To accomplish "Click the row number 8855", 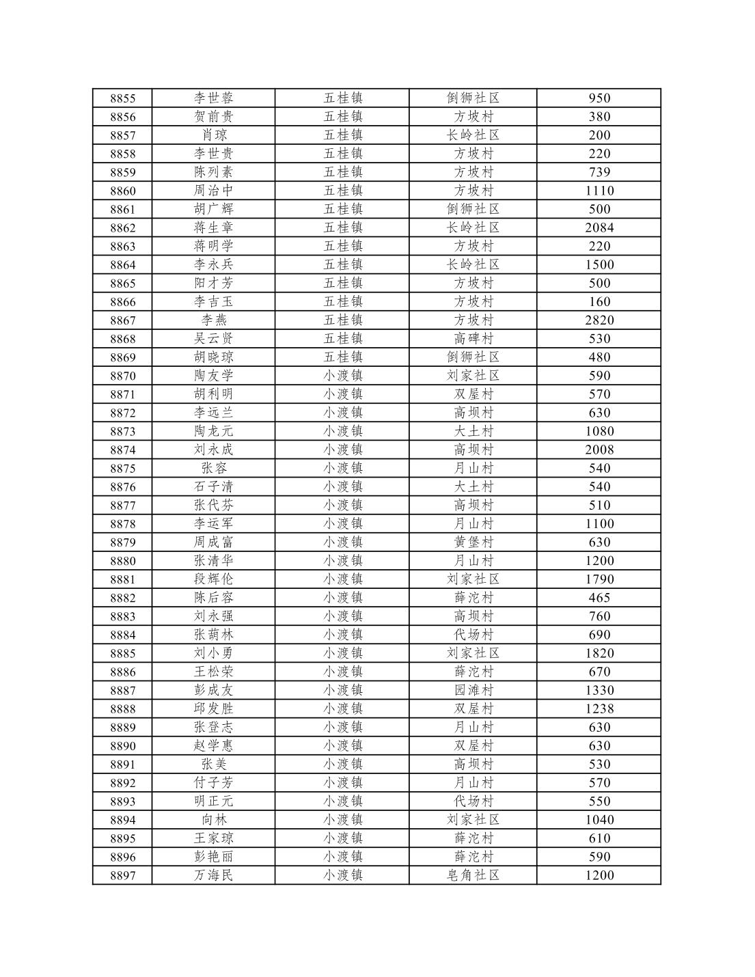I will pos(122,98).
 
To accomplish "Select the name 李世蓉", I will pos(213,98).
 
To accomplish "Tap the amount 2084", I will pos(599,228).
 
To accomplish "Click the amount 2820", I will pos(599,320).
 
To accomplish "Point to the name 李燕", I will pos(213,320).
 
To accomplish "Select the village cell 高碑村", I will pos(473,338).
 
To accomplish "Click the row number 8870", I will pos(122,376).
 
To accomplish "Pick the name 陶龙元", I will pos(213,431).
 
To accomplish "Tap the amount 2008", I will pos(599,450).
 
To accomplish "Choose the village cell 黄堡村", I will pos(473,542).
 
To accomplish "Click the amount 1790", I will pos(599,579).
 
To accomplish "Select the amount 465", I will pos(599,598).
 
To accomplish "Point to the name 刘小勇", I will pos(213,653).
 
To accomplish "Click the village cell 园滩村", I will pos(473,690).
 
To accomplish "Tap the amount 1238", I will pos(599,708).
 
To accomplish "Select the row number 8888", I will pos(122,709).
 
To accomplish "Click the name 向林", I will pos(213,820).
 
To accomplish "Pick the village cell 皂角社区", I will pos(473,875).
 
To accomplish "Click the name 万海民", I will pos(213,875).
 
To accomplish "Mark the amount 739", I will pos(599,172).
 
